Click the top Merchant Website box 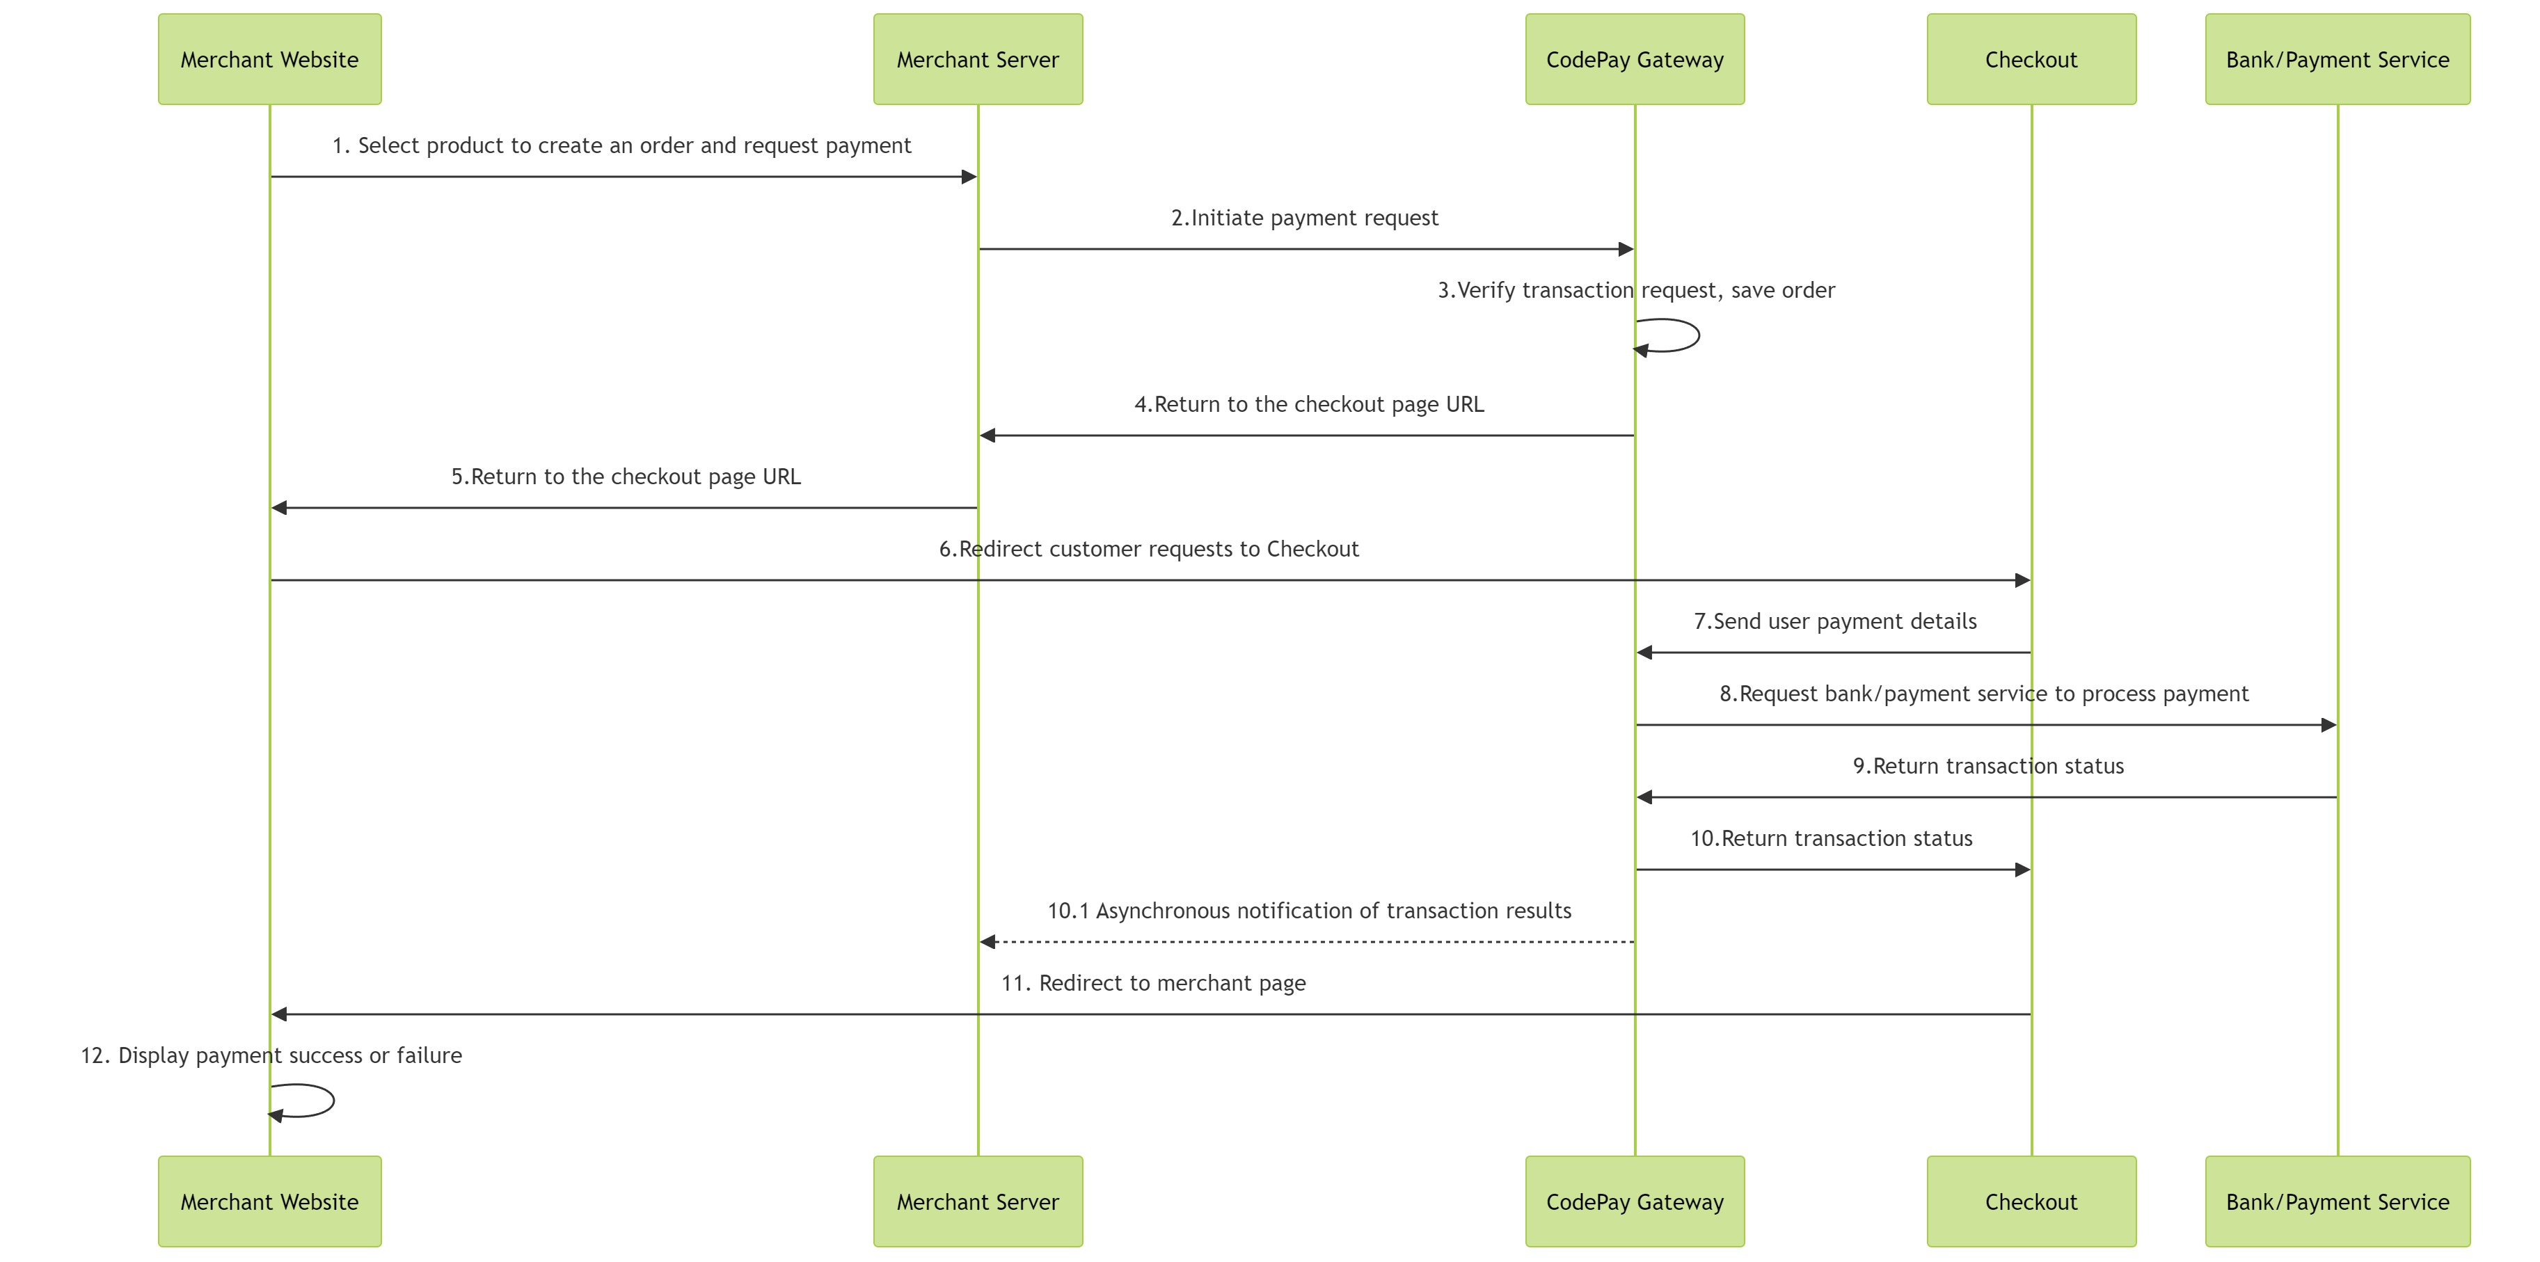(269, 59)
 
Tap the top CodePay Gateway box (1634, 59)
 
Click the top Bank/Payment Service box (2337, 59)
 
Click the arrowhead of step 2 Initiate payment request (1626, 250)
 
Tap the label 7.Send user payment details (1834, 621)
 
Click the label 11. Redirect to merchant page (1152, 983)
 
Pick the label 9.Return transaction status (1988, 766)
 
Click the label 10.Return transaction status (1831, 838)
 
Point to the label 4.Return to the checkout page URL (1308, 404)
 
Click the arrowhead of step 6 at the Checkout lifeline (2022, 580)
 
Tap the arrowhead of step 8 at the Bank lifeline (2328, 725)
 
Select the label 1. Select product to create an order (621, 145)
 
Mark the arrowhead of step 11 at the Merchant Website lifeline (280, 1014)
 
